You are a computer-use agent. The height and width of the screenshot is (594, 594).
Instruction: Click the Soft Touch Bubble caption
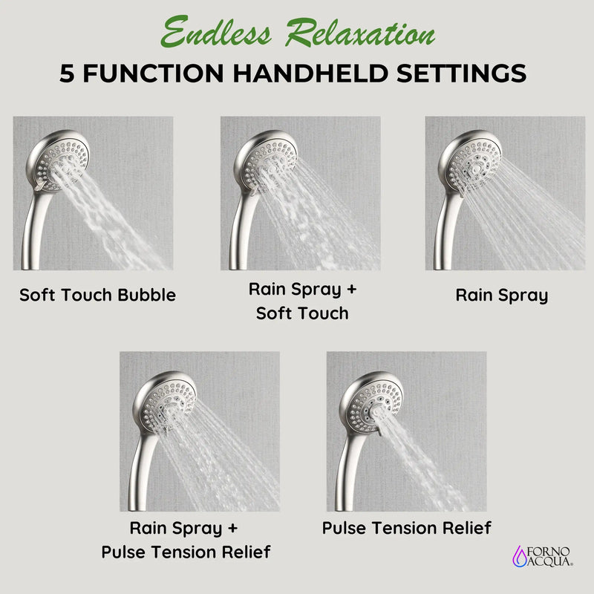[x=97, y=295]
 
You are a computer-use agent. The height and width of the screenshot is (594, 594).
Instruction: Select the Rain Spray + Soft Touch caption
[x=301, y=301]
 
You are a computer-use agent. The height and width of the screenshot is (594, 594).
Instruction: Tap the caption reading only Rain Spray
[x=501, y=295]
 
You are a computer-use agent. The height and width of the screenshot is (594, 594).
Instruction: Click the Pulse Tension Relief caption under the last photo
[x=406, y=528]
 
